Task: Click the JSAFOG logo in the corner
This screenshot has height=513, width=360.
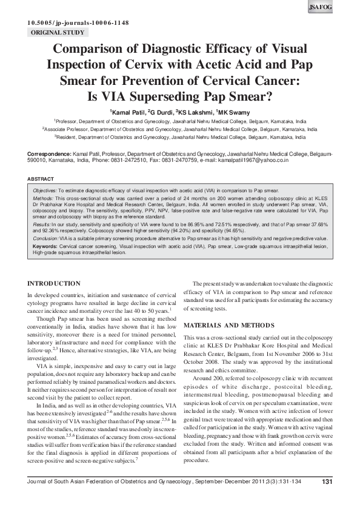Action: point(342,8)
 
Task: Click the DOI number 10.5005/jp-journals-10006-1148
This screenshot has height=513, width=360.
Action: point(77,23)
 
